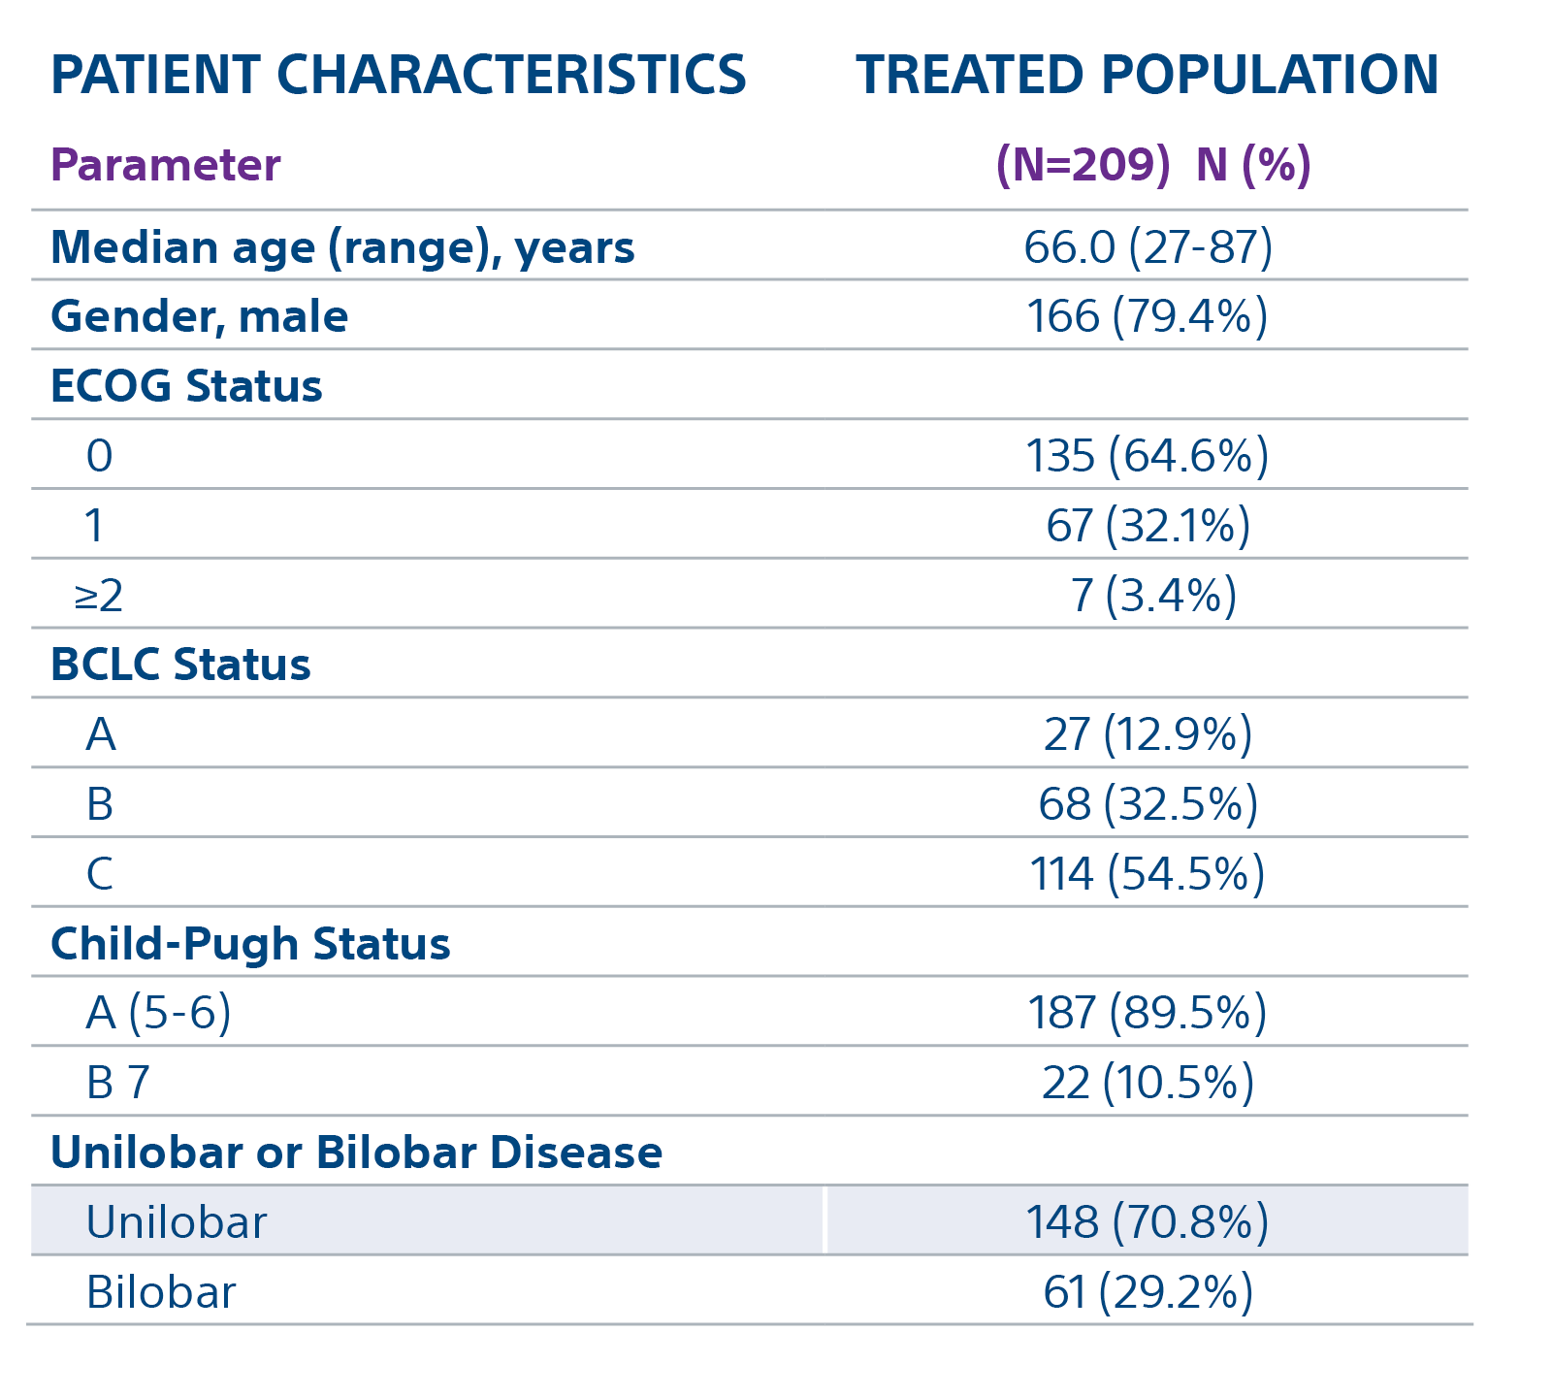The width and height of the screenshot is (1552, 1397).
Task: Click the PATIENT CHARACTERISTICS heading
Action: (x=398, y=75)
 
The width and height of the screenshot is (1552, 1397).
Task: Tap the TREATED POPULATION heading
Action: (x=1147, y=75)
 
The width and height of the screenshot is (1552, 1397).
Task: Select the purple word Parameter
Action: (x=165, y=165)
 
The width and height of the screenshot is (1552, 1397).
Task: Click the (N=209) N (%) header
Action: (x=1152, y=165)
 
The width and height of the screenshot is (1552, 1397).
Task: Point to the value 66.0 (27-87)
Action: (x=1148, y=247)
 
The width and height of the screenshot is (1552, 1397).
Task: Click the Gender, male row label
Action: (x=199, y=317)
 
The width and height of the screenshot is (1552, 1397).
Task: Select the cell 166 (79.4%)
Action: (x=1147, y=317)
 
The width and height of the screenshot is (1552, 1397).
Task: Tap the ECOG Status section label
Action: (x=185, y=386)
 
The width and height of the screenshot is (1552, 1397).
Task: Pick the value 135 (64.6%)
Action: (x=1147, y=456)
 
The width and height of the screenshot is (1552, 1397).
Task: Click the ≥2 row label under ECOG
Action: (x=98, y=596)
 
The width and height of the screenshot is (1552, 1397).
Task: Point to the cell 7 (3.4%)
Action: (x=1152, y=596)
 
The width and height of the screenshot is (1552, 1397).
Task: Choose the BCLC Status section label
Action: (x=180, y=666)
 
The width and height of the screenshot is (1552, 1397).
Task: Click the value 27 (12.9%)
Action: (x=1148, y=734)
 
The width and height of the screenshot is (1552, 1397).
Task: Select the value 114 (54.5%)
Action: (x=1147, y=874)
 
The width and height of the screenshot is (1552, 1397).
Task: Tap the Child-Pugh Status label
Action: (x=250, y=944)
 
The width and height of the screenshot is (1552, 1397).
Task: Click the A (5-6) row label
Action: (x=158, y=1013)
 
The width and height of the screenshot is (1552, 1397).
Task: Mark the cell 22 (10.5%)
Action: (x=1148, y=1083)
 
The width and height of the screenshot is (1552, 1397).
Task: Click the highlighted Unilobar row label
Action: (x=176, y=1222)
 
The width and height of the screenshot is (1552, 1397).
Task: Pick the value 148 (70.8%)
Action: (x=1147, y=1222)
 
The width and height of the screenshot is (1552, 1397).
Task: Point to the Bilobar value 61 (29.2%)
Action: (x=1148, y=1292)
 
